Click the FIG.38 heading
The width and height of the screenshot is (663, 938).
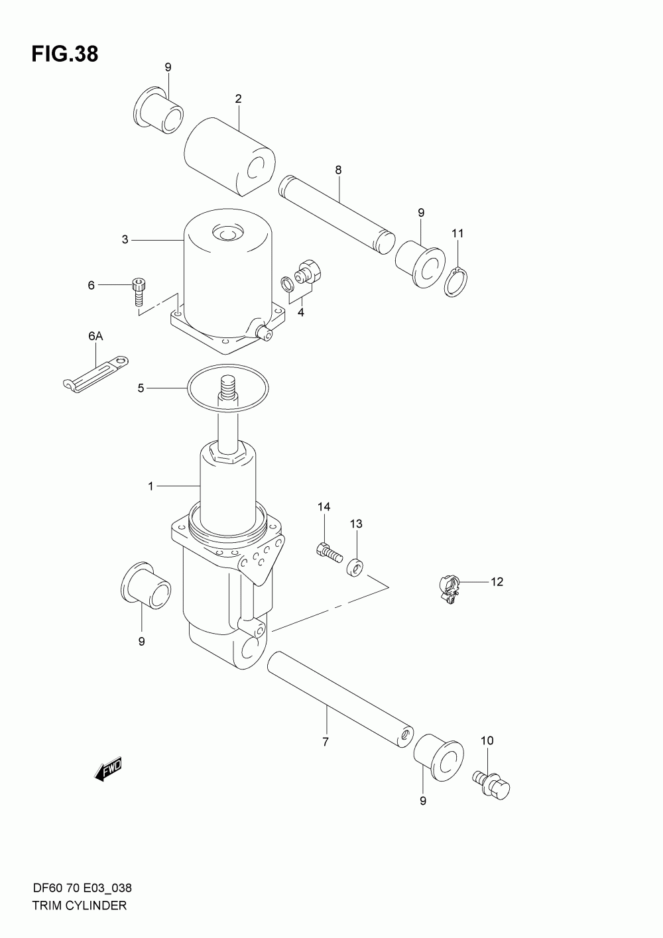click(64, 54)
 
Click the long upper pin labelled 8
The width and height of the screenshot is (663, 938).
click(336, 213)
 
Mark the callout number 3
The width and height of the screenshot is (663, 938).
click(125, 239)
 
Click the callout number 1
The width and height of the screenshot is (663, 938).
click(151, 487)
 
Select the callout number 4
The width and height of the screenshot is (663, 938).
click(300, 312)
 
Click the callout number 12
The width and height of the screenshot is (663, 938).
click(497, 582)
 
